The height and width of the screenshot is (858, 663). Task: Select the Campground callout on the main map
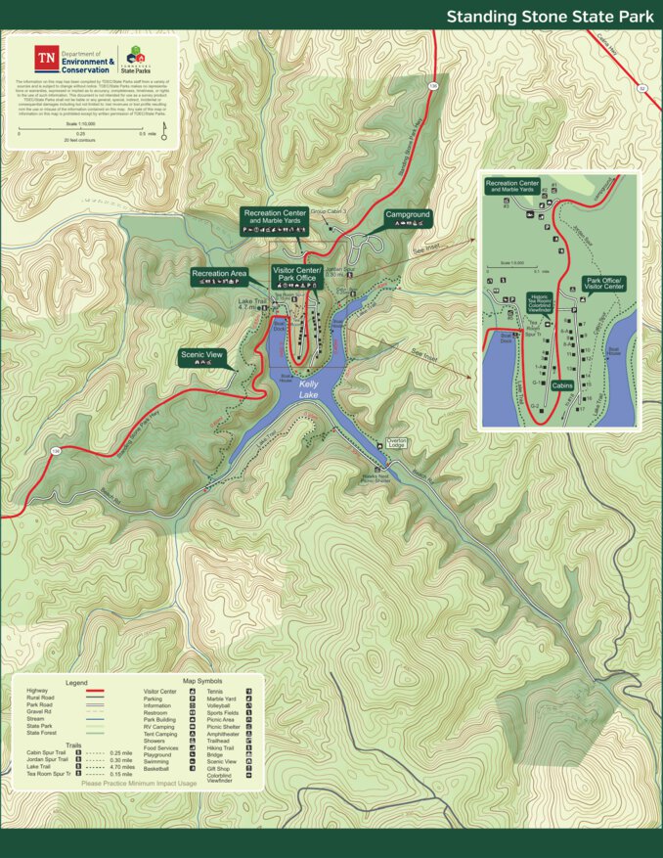click(x=407, y=218)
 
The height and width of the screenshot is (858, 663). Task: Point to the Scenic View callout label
click(x=203, y=357)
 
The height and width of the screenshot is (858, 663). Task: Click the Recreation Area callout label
click(x=218, y=276)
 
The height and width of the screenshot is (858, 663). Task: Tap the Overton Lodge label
click(x=396, y=443)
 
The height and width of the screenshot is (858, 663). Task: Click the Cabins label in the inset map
click(x=562, y=385)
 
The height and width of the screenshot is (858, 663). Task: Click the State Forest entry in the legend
click(x=40, y=732)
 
